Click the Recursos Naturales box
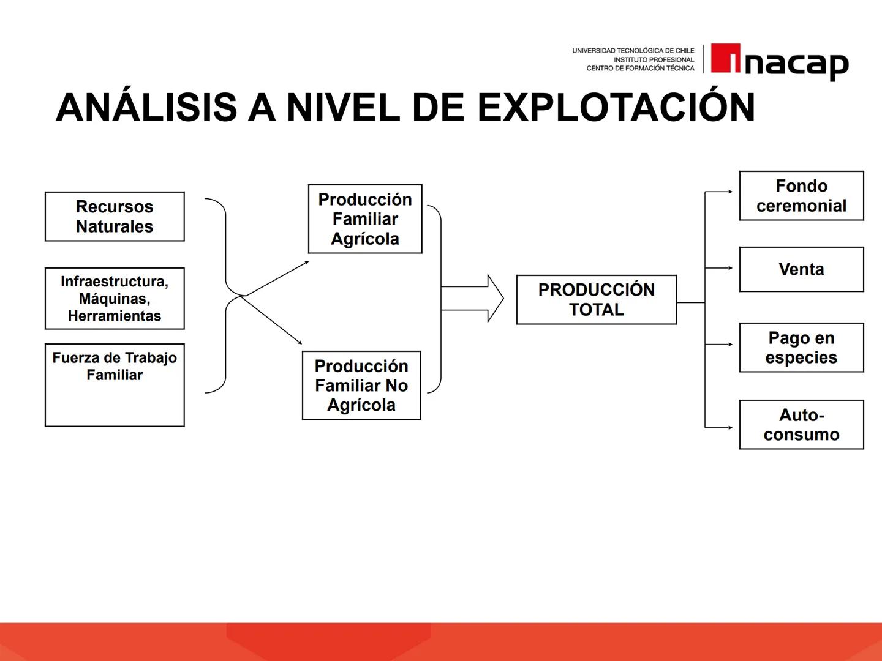coord(115,217)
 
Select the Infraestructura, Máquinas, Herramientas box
coord(115,299)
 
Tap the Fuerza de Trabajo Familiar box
coord(115,385)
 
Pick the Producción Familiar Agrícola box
coord(365,219)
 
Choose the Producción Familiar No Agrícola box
coord(361,386)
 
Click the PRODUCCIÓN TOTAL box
coord(597,300)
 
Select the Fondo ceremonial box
coord(801,196)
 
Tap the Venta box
coord(801,269)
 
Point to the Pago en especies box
coord(801,348)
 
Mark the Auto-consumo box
coord(801,425)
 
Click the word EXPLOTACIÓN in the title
coord(616,108)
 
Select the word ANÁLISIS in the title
coord(146,108)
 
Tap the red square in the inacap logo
coord(726,58)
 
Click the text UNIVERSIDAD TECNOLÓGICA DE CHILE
coord(633,51)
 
